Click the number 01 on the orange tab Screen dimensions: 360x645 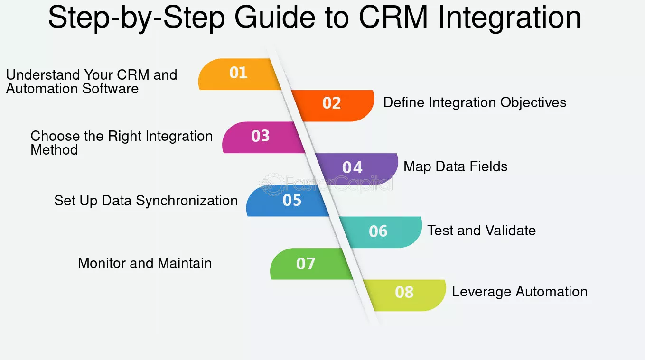click(238, 73)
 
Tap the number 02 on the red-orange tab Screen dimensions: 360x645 click(332, 103)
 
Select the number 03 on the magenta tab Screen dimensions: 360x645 click(261, 136)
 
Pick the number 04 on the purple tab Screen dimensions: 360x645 click(352, 167)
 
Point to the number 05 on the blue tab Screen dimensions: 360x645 click(292, 200)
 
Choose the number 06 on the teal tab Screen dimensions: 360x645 click(378, 231)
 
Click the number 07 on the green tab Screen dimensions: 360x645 click(306, 264)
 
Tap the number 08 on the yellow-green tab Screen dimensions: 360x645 click(404, 292)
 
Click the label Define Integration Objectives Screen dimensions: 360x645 click(475, 102)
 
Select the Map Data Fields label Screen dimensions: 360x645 click(455, 166)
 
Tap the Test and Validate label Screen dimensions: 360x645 click(481, 231)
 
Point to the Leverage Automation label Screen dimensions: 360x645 click(519, 292)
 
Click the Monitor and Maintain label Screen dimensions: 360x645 click(145, 263)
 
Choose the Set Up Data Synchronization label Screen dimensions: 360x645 click(146, 201)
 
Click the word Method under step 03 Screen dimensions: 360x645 click(54, 150)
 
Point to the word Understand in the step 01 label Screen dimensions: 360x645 click(43, 75)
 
